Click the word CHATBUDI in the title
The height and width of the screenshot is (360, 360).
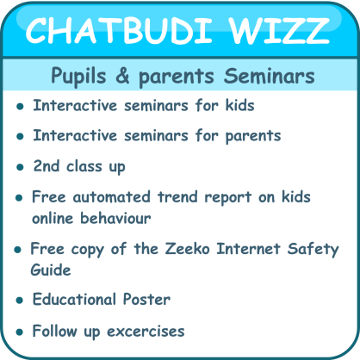[x=119, y=30]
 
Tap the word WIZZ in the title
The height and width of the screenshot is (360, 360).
[x=279, y=30]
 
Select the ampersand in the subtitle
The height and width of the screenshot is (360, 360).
[x=122, y=76]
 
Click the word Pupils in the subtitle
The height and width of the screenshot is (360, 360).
[x=78, y=77]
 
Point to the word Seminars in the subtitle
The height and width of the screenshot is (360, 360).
[x=270, y=76]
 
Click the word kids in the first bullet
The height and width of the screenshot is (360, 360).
[x=240, y=105]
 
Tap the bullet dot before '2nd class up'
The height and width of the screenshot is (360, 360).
[x=20, y=167]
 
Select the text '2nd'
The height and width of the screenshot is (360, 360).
[x=47, y=165]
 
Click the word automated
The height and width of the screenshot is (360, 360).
[x=111, y=197]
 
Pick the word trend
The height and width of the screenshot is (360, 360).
[x=177, y=197]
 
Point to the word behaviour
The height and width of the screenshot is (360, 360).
[x=115, y=218]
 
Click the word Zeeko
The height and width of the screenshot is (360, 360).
[x=187, y=248]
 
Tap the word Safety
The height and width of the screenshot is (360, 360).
[x=313, y=249]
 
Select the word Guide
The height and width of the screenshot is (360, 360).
[x=51, y=270]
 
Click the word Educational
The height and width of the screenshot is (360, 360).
[x=74, y=299]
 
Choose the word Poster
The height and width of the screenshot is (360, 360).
[x=146, y=299]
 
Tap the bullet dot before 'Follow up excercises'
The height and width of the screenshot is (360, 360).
[x=20, y=332]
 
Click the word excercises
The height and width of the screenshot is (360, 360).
[x=146, y=332]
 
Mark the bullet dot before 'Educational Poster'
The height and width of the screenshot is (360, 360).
[x=20, y=301]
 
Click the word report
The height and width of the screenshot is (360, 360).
[x=228, y=198]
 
